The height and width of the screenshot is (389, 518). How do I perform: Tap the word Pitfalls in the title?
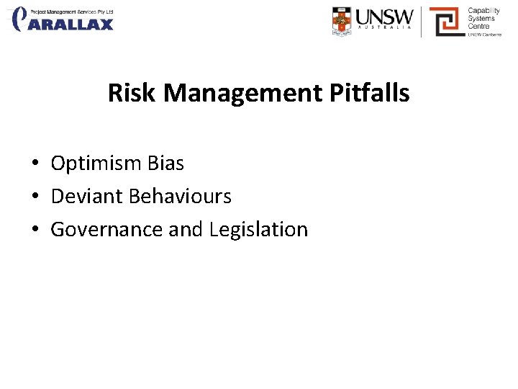click(373, 93)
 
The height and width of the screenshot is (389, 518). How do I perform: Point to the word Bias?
click(165, 164)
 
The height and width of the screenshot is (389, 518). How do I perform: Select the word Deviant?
click(87, 196)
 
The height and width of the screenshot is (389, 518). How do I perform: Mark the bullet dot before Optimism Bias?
click(35, 164)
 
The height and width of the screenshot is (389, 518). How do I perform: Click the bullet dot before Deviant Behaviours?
click(35, 197)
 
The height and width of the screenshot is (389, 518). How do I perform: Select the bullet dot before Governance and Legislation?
click(35, 230)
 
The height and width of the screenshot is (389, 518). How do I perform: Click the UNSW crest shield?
click(342, 21)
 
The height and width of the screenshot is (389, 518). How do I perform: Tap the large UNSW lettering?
click(385, 16)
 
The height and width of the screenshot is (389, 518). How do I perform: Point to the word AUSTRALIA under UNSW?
click(385, 30)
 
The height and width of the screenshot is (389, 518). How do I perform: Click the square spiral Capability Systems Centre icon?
click(446, 22)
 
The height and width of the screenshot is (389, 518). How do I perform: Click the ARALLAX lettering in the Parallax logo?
click(72, 24)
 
